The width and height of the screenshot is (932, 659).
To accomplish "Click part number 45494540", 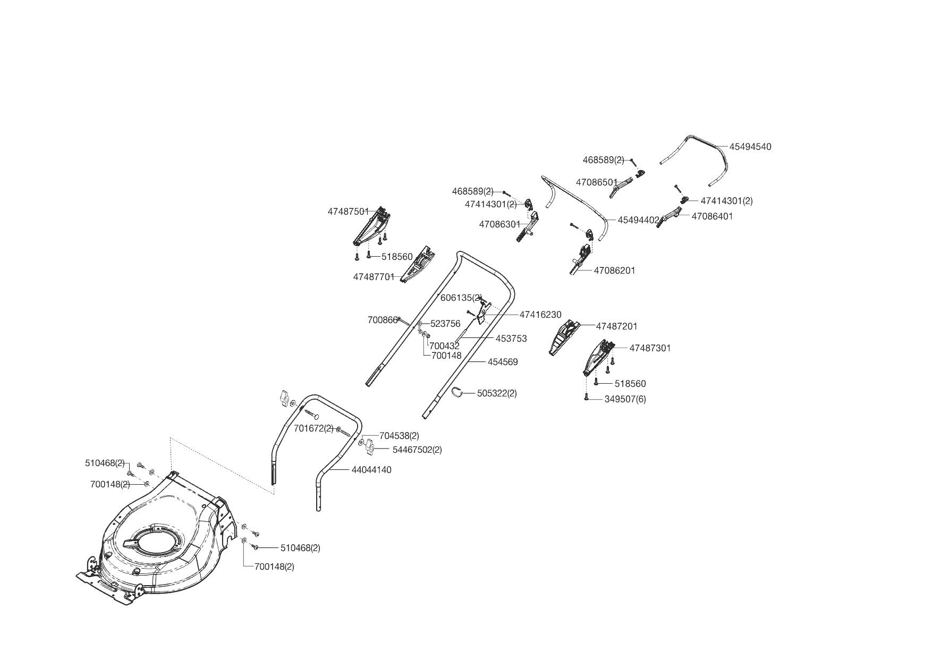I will click(x=750, y=147).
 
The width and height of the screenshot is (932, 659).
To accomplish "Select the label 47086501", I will click(x=597, y=182).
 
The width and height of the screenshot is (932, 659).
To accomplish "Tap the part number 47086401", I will click(x=711, y=216).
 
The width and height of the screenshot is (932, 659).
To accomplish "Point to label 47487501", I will click(x=348, y=212).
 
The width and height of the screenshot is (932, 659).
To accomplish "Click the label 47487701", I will click(x=374, y=277).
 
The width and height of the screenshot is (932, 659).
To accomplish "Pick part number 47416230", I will click(x=540, y=315).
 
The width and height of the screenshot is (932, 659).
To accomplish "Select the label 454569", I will click(x=502, y=362).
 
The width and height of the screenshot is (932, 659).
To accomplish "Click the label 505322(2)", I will click(x=496, y=393).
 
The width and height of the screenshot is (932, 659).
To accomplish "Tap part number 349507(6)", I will click(x=625, y=399).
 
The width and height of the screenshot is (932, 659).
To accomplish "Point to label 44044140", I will click(x=371, y=470).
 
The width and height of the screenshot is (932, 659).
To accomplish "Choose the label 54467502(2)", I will click(x=417, y=450).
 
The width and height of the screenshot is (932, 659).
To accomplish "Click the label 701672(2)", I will click(x=314, y=428).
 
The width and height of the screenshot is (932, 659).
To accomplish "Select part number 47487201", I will click(x=616, y=326).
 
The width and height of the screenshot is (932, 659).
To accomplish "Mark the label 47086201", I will click(x=614, y=271).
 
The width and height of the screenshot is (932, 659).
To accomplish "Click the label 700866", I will click(x=383, y=320).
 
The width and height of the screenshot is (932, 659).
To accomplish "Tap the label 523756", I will click(x=445, y=324).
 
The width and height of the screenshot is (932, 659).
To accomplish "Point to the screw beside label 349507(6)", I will click(x=586, y=397).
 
